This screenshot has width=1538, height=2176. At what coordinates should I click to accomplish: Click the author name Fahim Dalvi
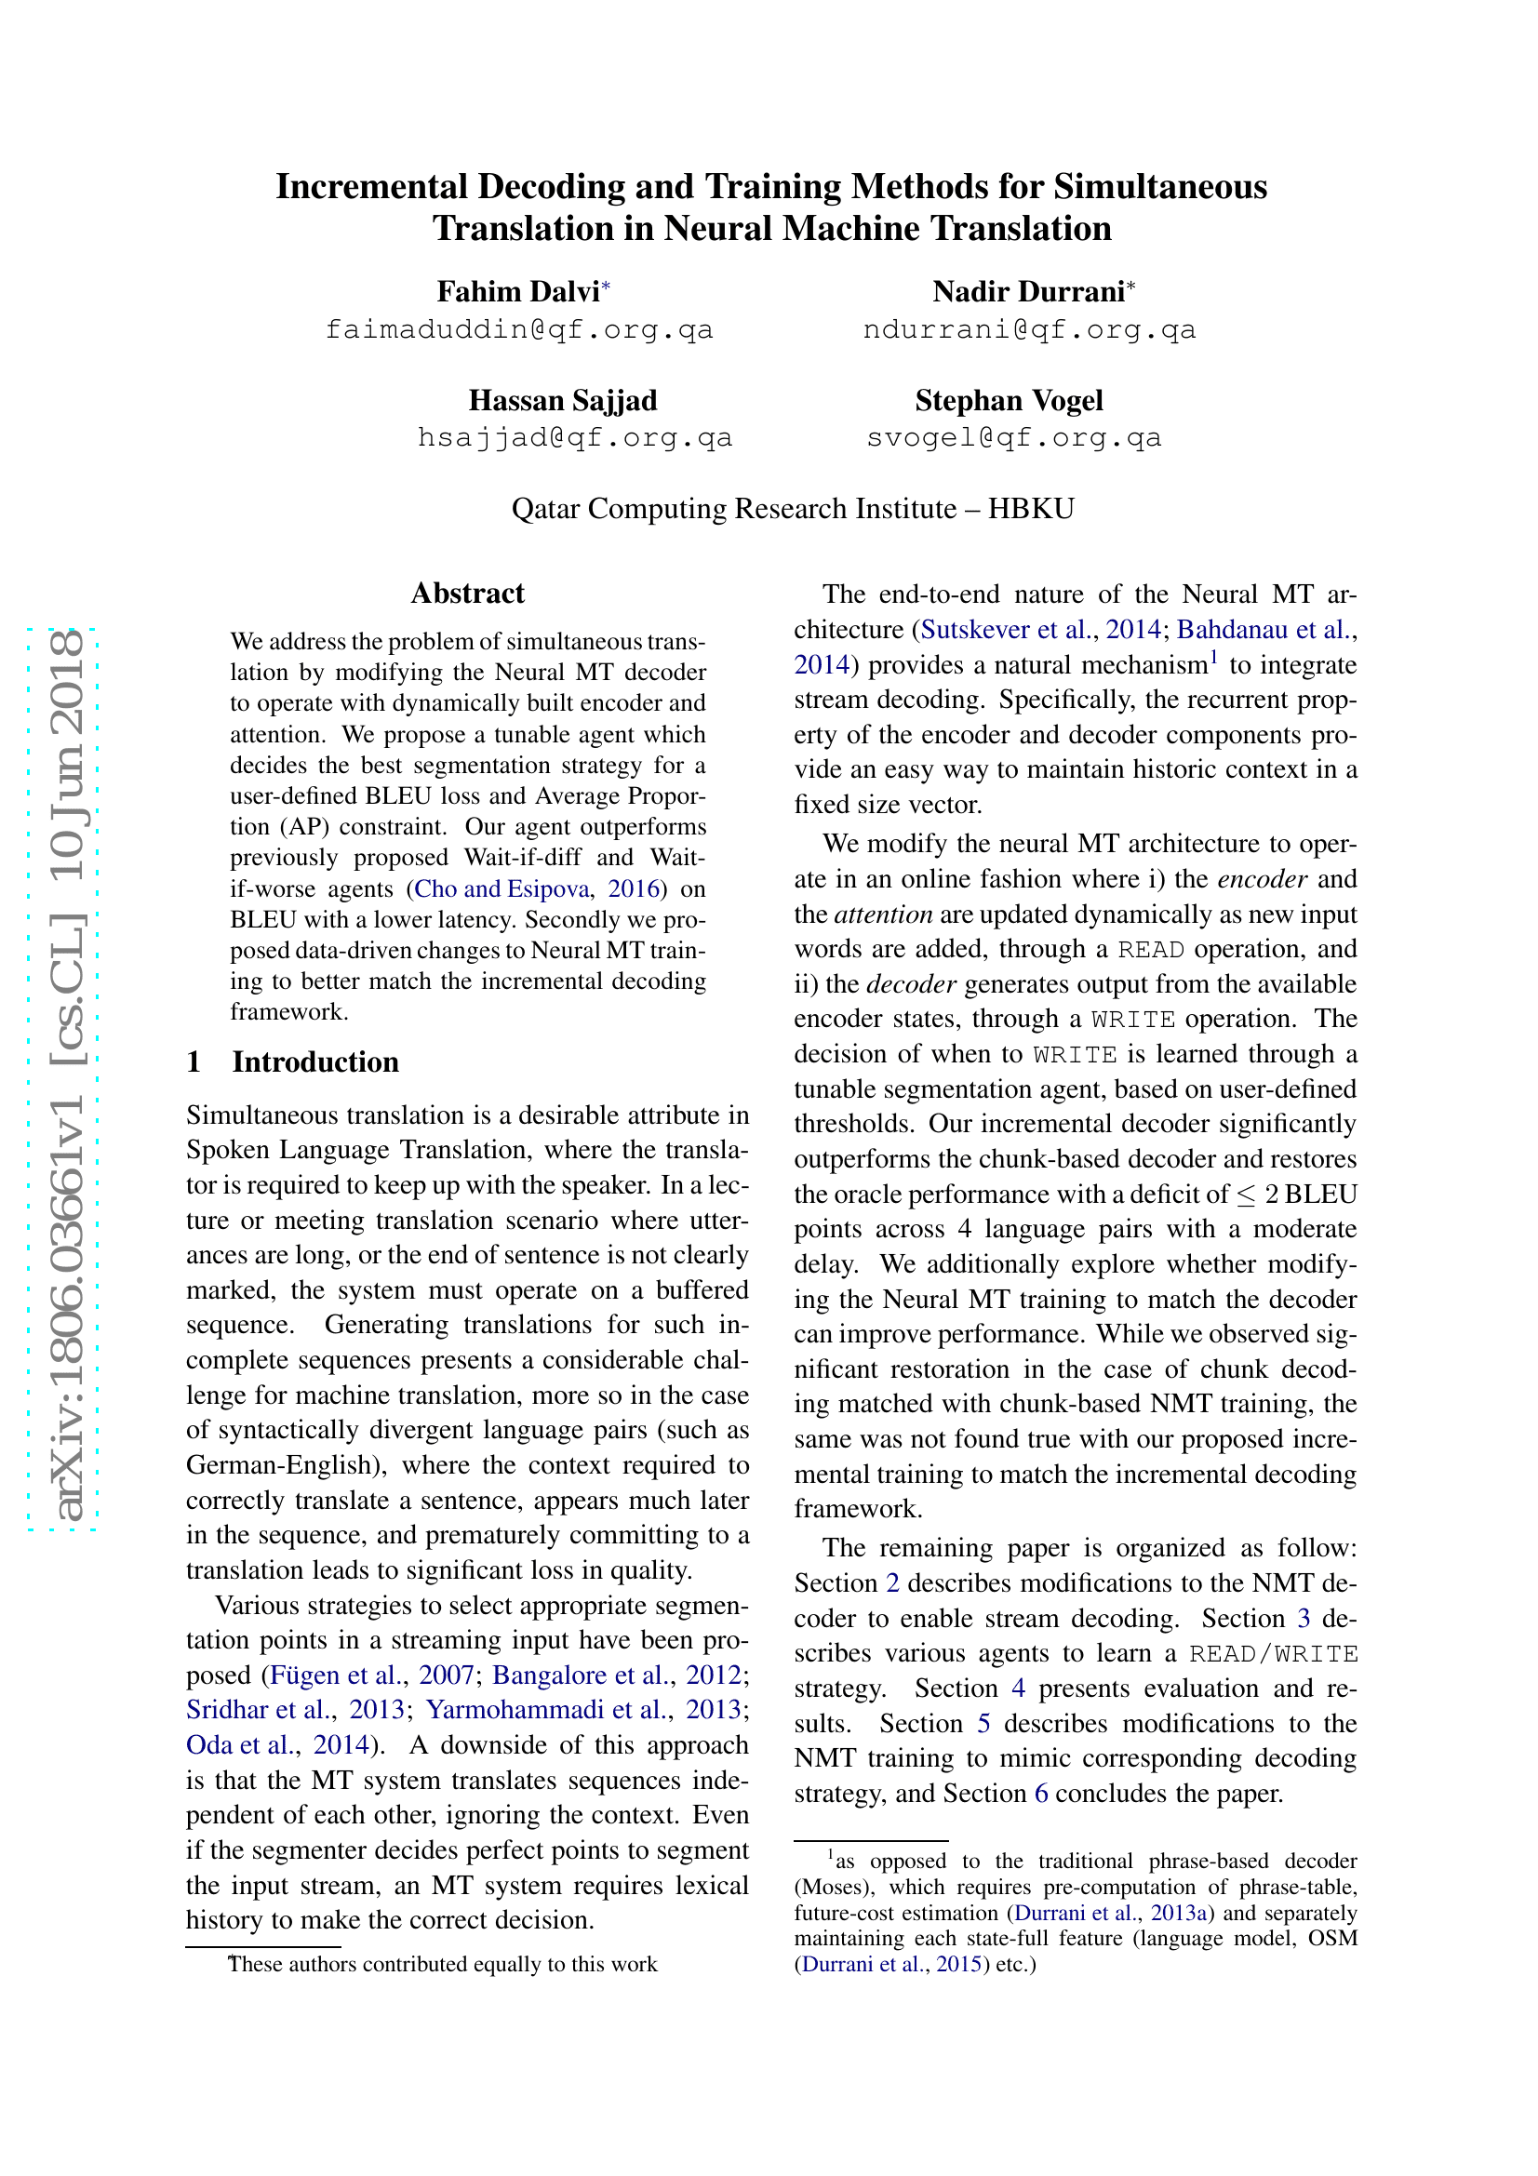517,291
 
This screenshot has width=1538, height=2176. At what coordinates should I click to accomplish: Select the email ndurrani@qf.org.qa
1029,330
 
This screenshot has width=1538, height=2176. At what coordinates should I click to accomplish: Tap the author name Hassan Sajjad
562,400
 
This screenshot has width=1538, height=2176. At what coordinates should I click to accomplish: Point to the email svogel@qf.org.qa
1013,438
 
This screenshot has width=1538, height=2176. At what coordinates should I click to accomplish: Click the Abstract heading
467,594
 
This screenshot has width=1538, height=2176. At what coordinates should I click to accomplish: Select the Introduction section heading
314,1061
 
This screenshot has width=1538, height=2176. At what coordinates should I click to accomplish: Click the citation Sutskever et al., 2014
1039,629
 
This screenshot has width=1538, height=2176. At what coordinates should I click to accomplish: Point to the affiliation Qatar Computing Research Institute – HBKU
792,509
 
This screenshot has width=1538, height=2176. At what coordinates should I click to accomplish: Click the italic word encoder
1262,878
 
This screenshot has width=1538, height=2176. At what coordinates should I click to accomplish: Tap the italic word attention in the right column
883,914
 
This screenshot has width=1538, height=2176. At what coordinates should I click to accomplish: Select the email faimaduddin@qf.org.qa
518,330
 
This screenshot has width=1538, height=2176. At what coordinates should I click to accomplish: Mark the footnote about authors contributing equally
442,1964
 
